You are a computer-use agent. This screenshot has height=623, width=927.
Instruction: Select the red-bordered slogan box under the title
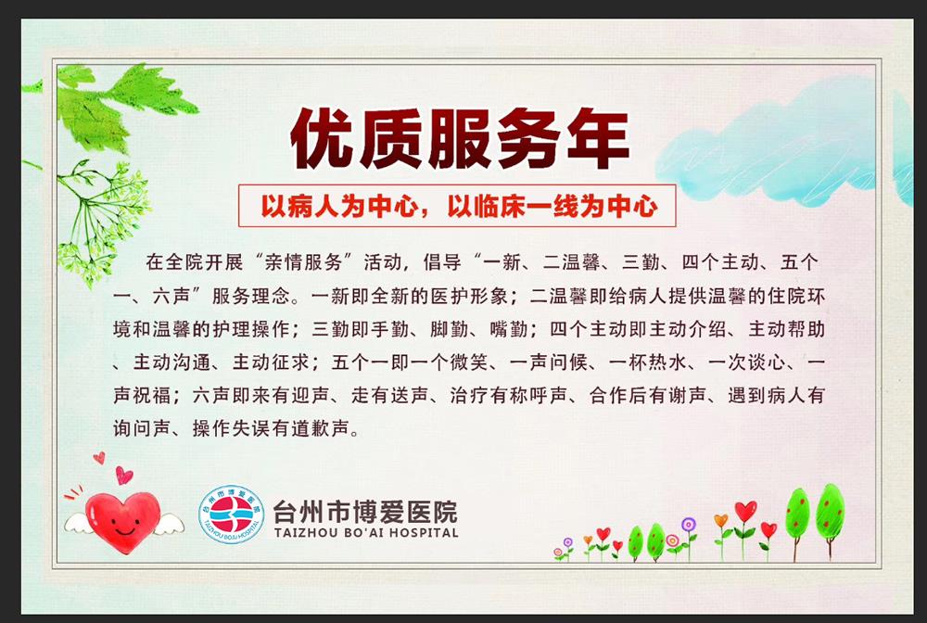tap(457, 205)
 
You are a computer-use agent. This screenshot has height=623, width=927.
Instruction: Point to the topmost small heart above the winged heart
tap(99, 458)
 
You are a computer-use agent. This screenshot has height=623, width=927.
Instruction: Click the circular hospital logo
tap(232, 515)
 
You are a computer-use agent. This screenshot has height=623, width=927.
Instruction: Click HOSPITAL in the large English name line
tap(418, 533)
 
